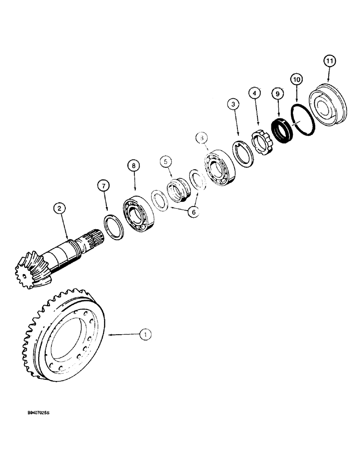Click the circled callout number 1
point(146,334)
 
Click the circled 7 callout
point(104,186)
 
